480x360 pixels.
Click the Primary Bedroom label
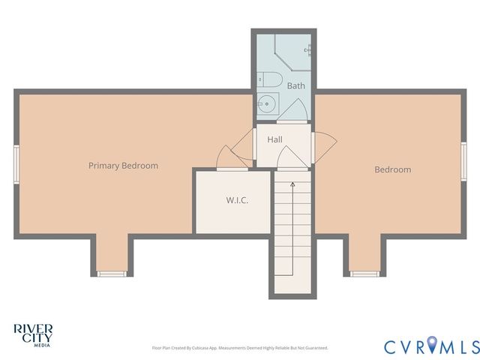(x=123, y=166)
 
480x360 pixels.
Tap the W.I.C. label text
(x=237, y=201)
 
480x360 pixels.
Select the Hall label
(x=274, y=139)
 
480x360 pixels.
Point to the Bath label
(x=295, y=86)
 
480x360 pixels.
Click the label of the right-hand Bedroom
(x=393, y=169)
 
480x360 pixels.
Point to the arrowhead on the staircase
(x=292, y=182)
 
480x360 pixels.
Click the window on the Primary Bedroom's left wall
(x=16, y=164)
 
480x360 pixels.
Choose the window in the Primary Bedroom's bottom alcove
(x=112, y=273)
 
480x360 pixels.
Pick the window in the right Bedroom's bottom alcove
(x=364, y=273)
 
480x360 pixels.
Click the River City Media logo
(x=32, y=334)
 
